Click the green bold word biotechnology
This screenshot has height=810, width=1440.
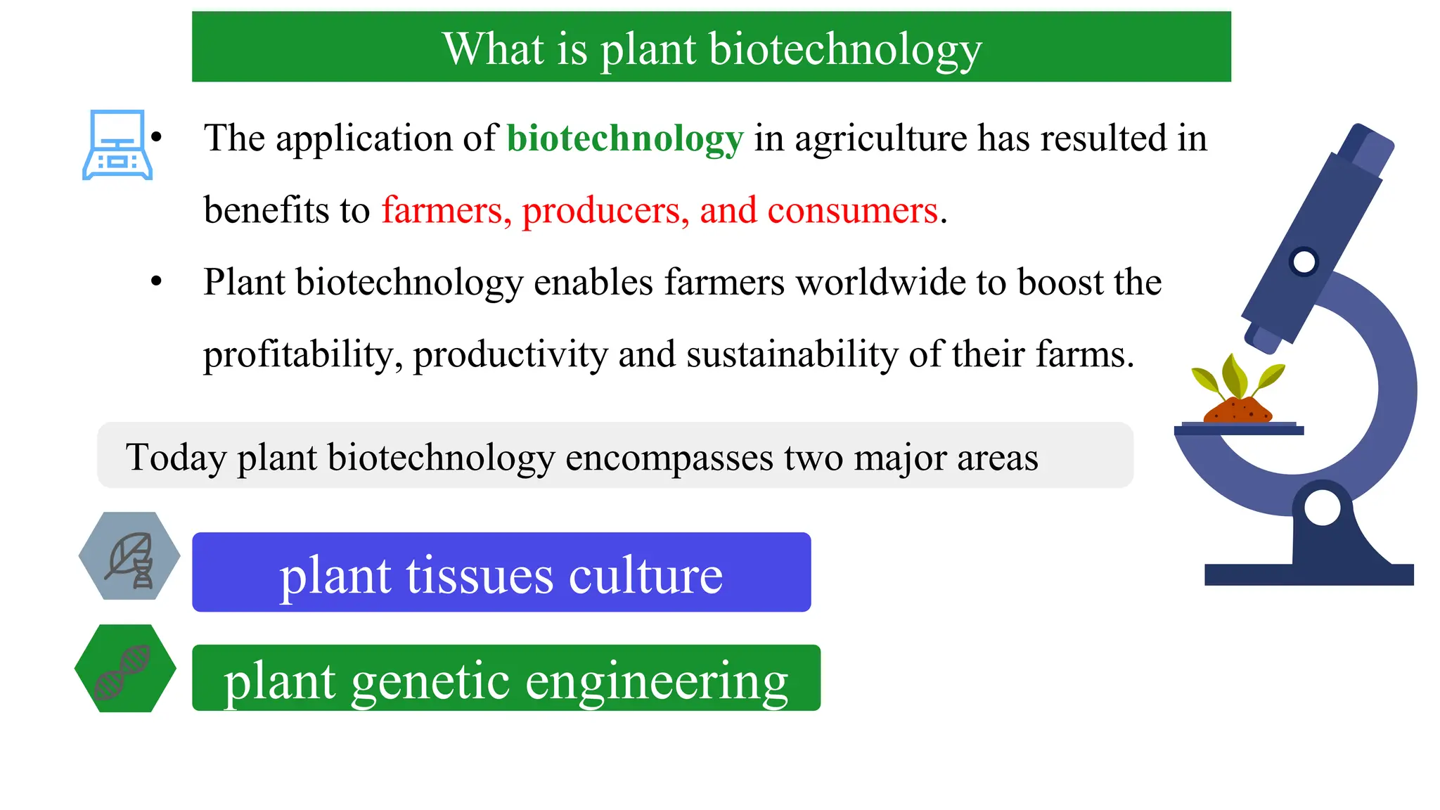624,139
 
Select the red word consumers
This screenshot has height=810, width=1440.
852,210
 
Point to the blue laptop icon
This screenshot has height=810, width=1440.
117,145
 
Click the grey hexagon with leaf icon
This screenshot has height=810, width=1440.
129,556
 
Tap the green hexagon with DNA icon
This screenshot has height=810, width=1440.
125,669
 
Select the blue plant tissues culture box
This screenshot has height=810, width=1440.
501,572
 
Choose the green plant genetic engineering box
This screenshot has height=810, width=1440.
506,678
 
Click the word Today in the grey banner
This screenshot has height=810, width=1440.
176,457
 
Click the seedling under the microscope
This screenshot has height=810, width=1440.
1238,378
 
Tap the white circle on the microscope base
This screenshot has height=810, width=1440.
1321,507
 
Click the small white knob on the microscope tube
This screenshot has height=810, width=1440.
1304,262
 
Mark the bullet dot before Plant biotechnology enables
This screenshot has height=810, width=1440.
156,282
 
